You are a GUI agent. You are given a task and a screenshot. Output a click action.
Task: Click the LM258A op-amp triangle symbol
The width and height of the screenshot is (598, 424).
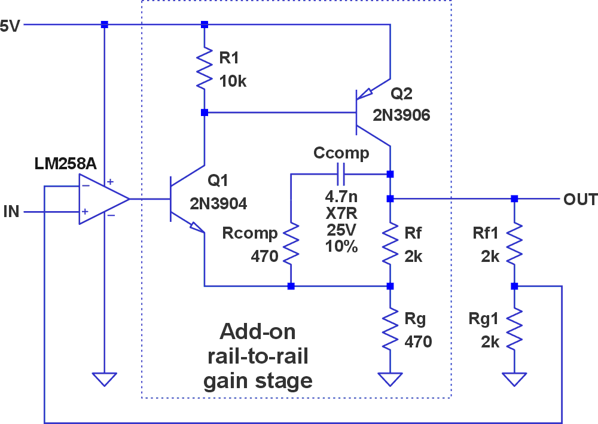(102, 199)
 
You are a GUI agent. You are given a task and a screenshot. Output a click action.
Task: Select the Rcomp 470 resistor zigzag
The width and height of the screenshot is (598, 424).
(291, 243)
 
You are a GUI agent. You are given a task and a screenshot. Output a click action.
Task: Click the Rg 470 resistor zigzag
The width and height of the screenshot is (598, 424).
(390, 329)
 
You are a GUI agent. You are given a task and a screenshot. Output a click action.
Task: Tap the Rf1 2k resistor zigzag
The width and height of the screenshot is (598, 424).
(514, 242)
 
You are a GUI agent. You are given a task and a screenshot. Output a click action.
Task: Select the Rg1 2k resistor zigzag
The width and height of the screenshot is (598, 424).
(514, 329)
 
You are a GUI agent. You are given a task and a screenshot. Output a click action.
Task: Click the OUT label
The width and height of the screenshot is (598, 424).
(580, 199)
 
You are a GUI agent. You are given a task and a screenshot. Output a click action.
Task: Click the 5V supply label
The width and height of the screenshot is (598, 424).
(11, 26)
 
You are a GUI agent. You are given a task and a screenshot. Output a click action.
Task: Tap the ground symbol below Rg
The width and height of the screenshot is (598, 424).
(390, 379)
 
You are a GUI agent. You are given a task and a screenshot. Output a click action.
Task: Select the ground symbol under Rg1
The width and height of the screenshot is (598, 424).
(514, 379)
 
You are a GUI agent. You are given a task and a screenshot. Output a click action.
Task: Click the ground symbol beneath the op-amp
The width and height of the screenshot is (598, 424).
(104, 379)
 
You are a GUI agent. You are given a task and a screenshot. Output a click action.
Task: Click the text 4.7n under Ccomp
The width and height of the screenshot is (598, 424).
(341, 196)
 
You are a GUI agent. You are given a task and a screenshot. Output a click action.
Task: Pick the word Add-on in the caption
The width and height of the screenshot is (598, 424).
(258, 332)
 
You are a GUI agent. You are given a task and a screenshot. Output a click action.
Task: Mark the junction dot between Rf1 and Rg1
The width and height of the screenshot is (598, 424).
(514, 286)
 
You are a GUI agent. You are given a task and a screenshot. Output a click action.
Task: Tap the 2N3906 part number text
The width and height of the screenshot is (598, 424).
(401, 115)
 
